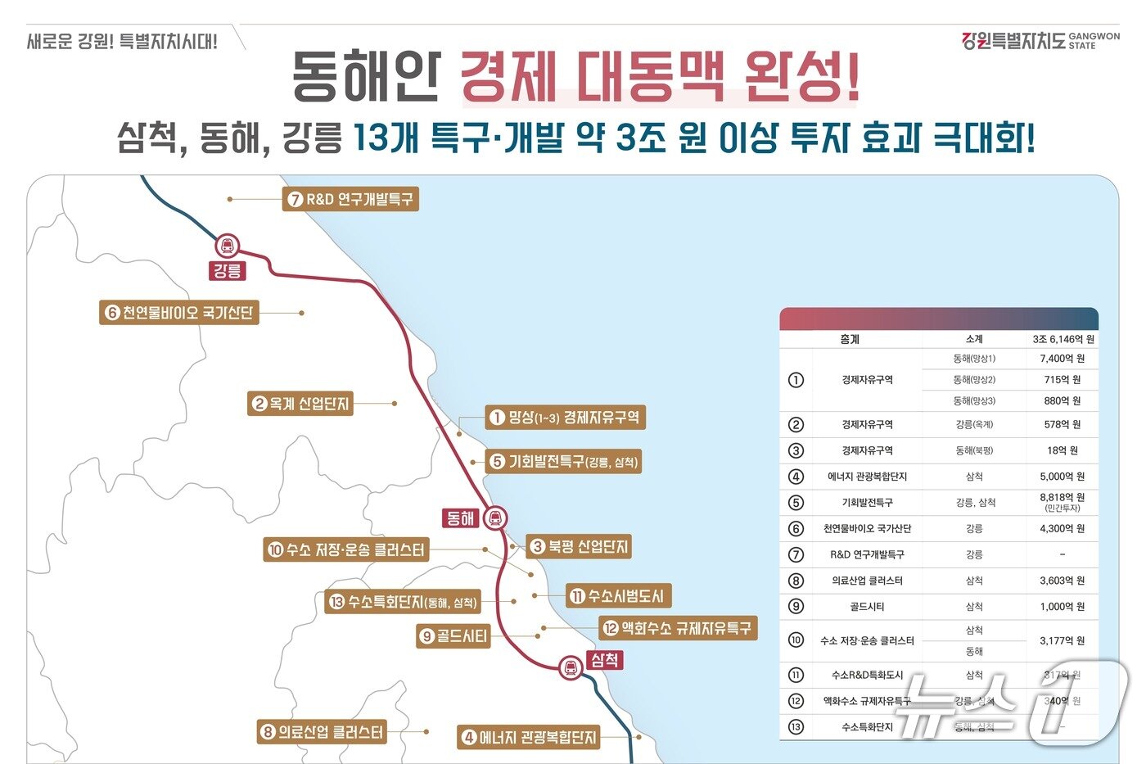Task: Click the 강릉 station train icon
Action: point(227,245)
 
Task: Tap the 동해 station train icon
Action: point(495,518)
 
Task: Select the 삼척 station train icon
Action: point(571,667)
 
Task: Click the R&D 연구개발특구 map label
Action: point(351,199)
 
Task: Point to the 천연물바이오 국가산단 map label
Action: point(179,313)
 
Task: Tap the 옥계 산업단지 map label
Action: point(300,404)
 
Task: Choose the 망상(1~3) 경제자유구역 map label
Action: point(565,418)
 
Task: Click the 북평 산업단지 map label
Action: point(579,546)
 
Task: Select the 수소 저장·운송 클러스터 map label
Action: point(346,550)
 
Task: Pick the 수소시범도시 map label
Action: point(618,596)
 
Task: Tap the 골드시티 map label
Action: point(453,636)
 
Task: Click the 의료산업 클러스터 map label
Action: point(322,732)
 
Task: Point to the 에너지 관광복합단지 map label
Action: point(528,737)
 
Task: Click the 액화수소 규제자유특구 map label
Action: point(677,628)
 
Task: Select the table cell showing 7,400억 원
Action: point(1062,359)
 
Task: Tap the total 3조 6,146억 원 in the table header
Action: point(1063,339)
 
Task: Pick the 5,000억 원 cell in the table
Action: point(1062,477)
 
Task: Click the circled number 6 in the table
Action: point(796,529)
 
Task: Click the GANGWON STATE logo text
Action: point(1094,41)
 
